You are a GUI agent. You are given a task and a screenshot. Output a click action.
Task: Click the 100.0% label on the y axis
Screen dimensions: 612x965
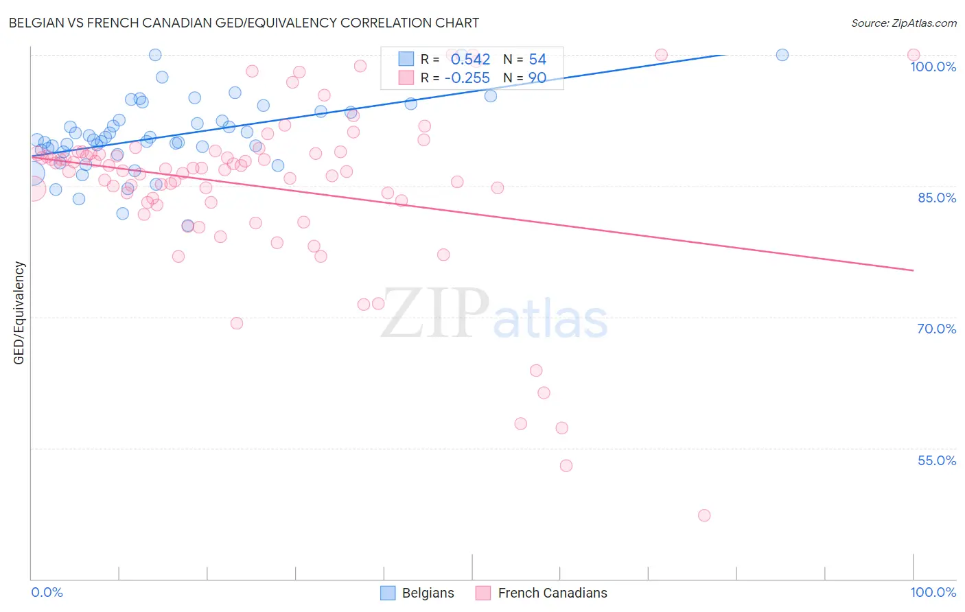(933, 67)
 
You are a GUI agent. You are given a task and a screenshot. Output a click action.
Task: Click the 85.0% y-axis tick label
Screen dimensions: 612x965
(936, 198)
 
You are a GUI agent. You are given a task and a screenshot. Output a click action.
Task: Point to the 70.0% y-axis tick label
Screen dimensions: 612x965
(936, 329)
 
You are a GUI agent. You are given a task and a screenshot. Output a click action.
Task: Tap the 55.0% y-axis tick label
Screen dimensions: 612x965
(936, 460)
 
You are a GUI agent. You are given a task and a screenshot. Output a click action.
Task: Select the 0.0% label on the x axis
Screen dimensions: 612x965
(47, 592)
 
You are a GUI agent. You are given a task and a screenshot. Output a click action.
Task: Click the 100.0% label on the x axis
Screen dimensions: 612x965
(933, 592)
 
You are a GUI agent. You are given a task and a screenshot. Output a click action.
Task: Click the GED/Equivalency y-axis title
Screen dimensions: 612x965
(19, 313)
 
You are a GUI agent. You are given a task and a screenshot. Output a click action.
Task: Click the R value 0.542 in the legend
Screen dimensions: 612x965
(470, 60)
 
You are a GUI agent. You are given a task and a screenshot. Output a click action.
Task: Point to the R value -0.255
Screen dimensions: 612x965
(467, 78)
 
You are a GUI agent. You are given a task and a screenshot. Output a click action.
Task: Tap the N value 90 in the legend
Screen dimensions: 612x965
(537, 78)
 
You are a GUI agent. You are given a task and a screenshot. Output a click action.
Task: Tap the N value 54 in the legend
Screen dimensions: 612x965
(537, 60)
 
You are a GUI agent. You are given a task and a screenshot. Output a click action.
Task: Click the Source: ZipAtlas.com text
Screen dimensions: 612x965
(903, 23)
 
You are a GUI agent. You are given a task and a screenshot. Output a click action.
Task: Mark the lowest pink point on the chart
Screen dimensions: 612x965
(704, 515)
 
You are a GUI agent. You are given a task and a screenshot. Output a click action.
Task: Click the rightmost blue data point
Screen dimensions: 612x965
(782, 55)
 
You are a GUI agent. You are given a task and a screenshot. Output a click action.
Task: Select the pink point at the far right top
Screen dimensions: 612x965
(913, 55)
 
